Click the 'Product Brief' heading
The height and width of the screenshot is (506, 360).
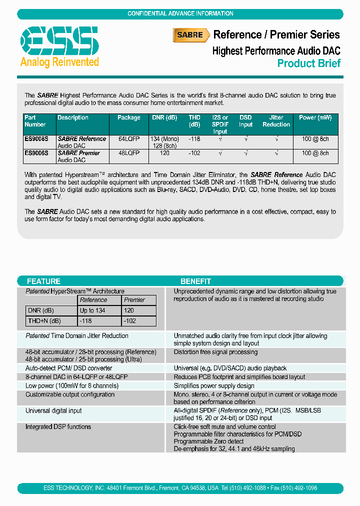pos(308,63)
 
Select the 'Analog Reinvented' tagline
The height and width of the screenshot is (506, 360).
pos(59,62)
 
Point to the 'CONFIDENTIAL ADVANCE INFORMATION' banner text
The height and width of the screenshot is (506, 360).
pos(180,13)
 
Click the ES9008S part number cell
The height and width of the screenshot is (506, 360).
pos(37,139)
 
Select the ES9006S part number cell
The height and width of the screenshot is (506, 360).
pos(37,153)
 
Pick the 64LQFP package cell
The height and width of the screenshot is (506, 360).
pos(129,139)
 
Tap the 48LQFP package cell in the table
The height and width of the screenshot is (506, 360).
pos(129,153)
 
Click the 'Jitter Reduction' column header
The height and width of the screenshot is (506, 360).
pos(276,121)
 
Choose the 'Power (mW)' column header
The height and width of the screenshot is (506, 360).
pos(315,118)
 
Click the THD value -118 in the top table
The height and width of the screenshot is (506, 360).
pos(194,139)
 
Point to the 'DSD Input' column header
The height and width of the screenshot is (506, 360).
pos(245,121)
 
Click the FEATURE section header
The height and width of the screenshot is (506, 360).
pos(43,281)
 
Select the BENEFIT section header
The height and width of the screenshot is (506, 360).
pos(195,281)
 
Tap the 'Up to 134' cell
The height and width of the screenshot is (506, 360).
pos(93,310)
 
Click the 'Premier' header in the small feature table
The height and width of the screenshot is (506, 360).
pos(134,300)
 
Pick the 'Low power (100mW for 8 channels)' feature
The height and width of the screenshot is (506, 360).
pos(72,386)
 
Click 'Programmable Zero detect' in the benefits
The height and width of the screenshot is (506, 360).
pos(208,441)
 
